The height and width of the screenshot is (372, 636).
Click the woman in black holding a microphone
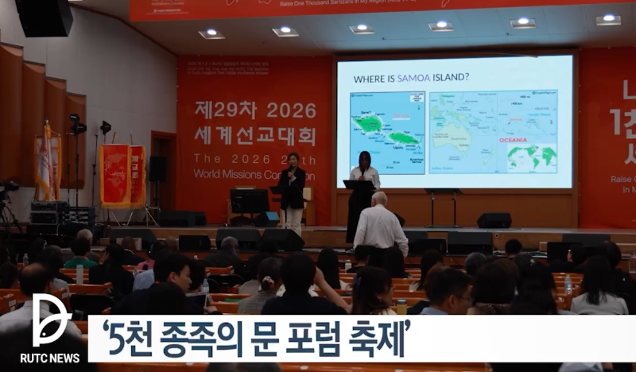(292, 191)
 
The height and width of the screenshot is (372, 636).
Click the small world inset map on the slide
(532, 157)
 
